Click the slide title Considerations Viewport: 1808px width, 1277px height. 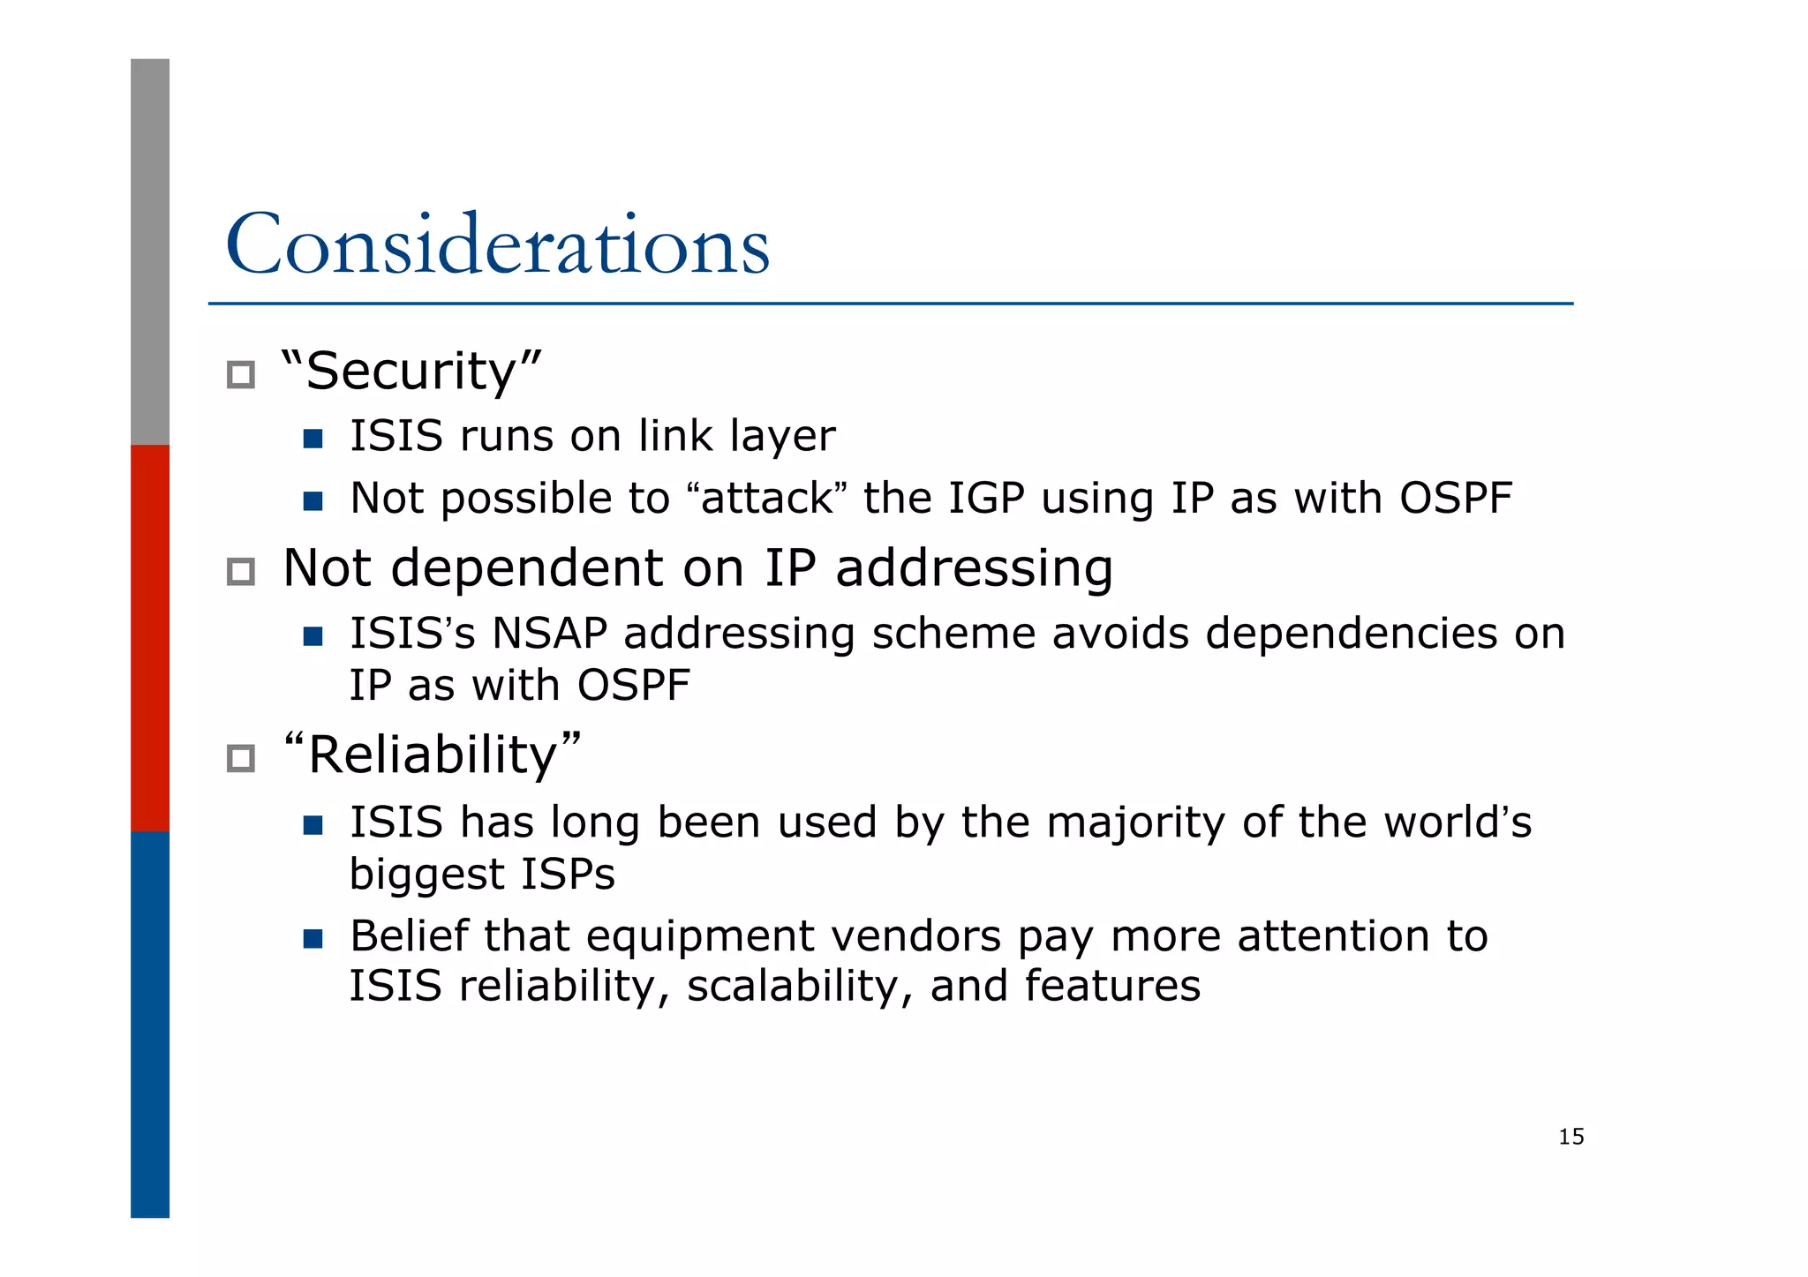point(497,245)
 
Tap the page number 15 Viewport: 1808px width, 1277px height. point(1571,1137)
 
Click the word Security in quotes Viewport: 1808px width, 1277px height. point(411,371)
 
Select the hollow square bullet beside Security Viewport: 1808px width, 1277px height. point(240,375)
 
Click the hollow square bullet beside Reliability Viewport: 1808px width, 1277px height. point(240,758)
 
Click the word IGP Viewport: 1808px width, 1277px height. point(985,499)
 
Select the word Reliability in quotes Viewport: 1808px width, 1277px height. point(433,755)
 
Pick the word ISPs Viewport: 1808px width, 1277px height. point(568,875)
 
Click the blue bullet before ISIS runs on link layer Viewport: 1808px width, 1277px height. point(313,439)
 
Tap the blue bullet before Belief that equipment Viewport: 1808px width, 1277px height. point(313,938)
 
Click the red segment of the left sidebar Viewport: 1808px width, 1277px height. point(150,637)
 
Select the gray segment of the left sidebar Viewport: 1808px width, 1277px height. point(150,252)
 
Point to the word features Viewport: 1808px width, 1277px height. point(1112,986)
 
